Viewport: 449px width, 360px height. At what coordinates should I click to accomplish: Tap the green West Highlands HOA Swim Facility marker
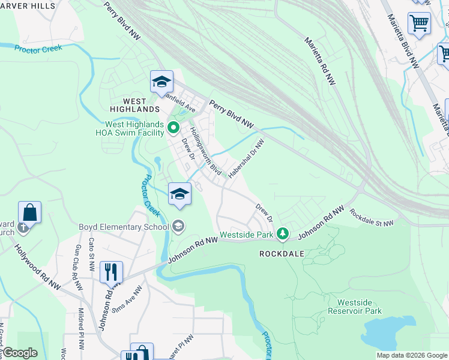pyautogui.click(x=174, y=127)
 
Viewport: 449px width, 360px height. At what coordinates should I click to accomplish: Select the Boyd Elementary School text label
pyautogui.click(x=124, y=227)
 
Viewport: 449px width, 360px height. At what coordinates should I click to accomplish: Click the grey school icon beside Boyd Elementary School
pyautogui.click(x=178, y=226)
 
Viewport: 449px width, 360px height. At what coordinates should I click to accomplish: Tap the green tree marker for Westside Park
pyautogui.click(x=283, y=233)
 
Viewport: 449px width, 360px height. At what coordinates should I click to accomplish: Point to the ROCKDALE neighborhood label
pyautogui.click(x=282, y=254)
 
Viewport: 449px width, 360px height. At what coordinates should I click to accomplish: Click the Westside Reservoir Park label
pyautogui.click(x=359, y=307)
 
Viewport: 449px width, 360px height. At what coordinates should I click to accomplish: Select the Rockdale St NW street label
pyautogui.click(x=372, y=218)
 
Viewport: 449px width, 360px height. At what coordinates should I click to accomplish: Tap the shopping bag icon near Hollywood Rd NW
pyautogui.click(x=29, y=212)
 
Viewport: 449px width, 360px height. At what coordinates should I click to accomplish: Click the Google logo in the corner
pyautogui.click(x=19, y=353)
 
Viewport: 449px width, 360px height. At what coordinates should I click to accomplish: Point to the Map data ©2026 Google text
pyautogui.click(x=411, y=355)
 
